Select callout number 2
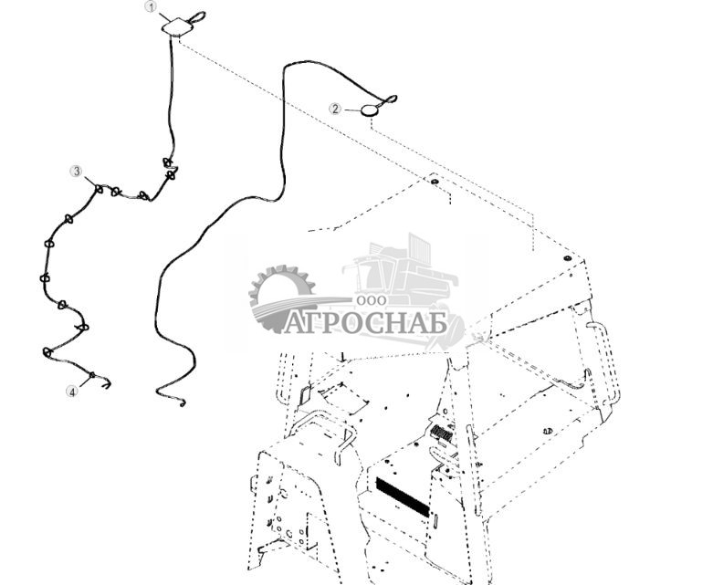pos(335,109)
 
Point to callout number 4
pos(71,392)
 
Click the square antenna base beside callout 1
pos(174,28)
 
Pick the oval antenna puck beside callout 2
pos(370,110)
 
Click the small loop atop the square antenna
pos(198,16)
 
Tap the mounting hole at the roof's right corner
pos(567,259)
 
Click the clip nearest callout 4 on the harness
pos(91,375)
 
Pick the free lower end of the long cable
pos(182,402)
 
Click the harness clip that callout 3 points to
pos(99,189)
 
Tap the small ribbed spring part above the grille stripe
pos(442,432)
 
